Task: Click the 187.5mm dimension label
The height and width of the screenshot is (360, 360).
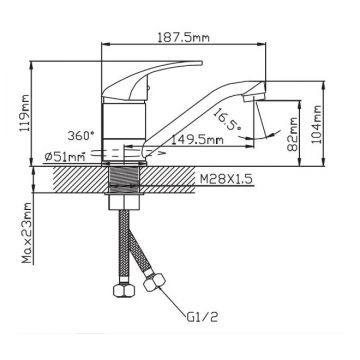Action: tap(183, 38)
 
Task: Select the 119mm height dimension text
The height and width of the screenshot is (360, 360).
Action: tap(24, 113)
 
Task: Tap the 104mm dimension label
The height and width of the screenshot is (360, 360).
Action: tap(317, 124)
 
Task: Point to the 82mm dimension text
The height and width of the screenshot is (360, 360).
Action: tap(293, 134)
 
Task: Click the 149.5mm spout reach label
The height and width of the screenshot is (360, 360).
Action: tap(197, 140)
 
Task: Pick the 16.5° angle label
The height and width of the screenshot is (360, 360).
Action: tap(226, 120)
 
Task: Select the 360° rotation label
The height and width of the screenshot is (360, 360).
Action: tap(81, 136)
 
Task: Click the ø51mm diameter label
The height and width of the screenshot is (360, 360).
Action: tap(65, 156)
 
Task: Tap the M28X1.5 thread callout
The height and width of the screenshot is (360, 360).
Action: tap(225, 179)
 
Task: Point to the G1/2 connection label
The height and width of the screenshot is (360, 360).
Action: tap(201, 317)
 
